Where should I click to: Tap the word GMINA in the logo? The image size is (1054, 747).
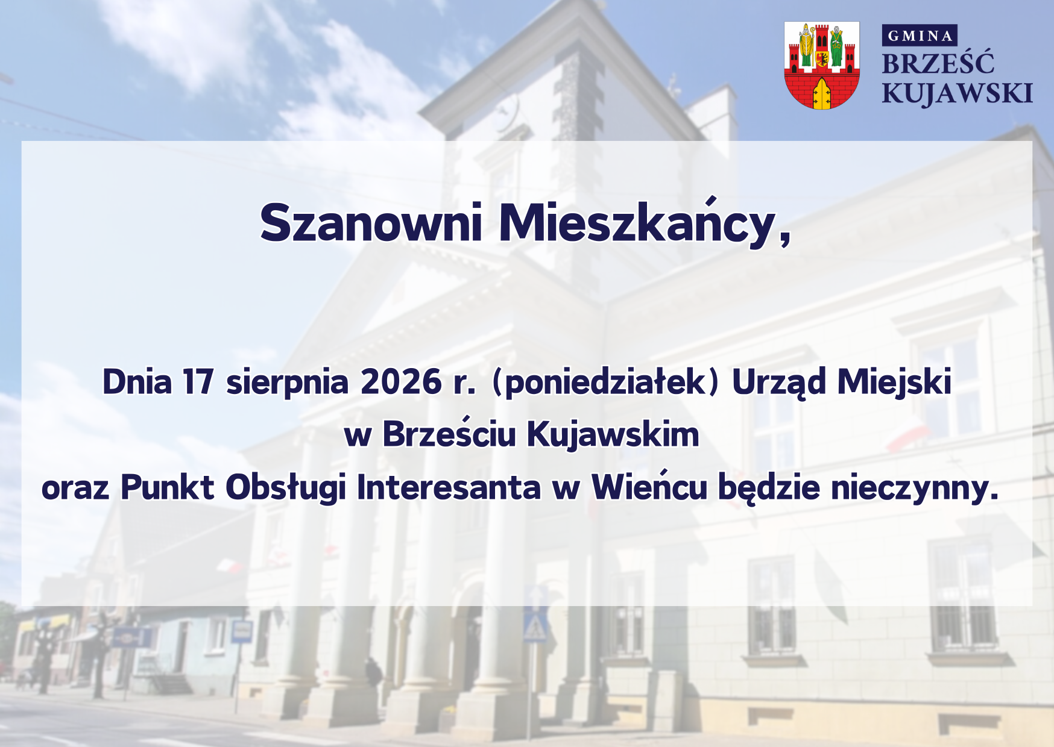(920, 36)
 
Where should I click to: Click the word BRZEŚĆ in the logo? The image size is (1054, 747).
(938, 63)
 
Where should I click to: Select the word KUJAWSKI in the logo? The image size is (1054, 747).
(958, 93)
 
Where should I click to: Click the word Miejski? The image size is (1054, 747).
(894, 383)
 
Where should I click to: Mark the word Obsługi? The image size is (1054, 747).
(286, 488)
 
